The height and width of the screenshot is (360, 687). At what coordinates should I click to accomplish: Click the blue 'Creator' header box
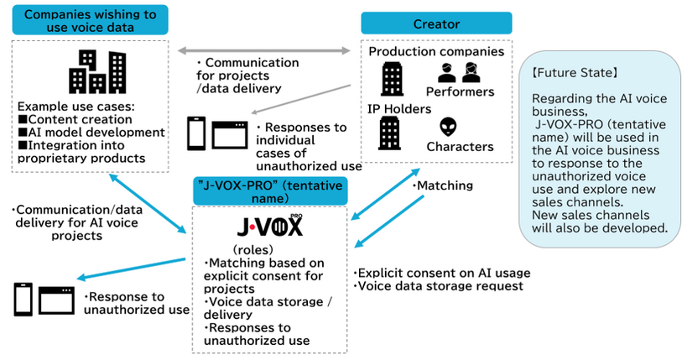pyautogui.click(x=436, y=23)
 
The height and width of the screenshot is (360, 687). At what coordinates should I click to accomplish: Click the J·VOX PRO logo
pyautogui.click(x=270, y=227)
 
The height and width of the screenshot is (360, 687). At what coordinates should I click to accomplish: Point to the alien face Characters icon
pyautogui.click(x=448, y=127)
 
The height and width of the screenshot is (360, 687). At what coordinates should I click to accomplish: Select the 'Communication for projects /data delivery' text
pyautogui.click(x=246, y=75)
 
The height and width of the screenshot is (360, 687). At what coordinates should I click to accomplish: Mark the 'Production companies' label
pyautogui.click(x=436, y=51)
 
